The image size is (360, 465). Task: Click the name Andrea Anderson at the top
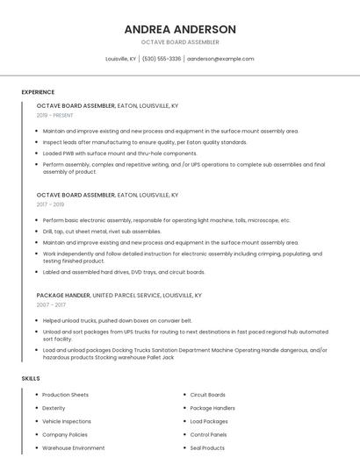coord(180,29)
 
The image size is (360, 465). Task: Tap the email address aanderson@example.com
coord(220,59)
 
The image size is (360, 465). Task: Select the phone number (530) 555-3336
coord(162,59)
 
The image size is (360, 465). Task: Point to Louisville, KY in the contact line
coord(121,59)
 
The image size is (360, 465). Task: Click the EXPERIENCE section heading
coord(38,92)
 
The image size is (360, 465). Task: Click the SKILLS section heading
coord(31,378)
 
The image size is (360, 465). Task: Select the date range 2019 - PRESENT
coord(55,115)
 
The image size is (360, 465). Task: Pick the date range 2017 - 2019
coord(51,204)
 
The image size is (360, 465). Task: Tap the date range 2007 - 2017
coord(51,304)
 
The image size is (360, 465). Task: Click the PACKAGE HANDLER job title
coord(63,296)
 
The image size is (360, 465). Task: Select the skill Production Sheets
coord(66,395)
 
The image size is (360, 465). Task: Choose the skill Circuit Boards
coord(208,395)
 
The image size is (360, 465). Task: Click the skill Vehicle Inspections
coord(67,421)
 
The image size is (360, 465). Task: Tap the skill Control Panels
coord(209,434)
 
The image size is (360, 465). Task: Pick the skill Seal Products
coord(207,447)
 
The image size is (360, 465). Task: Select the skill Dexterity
coord(54,408)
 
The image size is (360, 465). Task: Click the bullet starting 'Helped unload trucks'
coord(117,320)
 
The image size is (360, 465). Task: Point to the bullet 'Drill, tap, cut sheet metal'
coord(102,232)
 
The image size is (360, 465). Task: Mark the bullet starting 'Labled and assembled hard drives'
coord(124,272)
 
